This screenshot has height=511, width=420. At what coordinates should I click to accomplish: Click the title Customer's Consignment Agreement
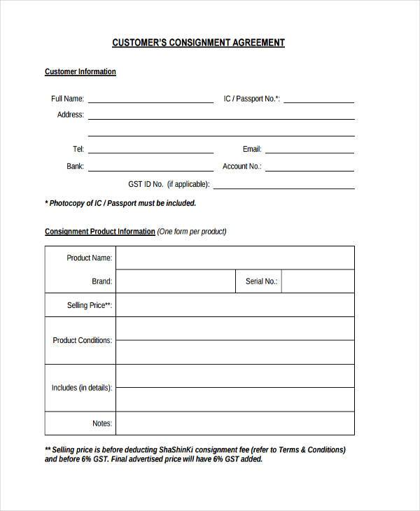coord(199,43)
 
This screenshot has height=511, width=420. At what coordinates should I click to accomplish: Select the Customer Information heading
coord(80,72)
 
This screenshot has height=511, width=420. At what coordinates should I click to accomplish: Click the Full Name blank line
coord(150,100)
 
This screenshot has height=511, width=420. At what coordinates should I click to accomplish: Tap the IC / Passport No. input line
coord(318,100)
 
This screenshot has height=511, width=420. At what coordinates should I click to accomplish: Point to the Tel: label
coord(78,149)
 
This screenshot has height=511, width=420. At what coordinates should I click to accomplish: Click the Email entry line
coord(309,150)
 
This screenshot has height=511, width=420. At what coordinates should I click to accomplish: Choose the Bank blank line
coord(150,167)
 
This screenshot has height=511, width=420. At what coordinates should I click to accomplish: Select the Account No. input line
coord(309,167)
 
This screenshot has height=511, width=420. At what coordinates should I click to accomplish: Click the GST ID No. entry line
coord(283,185)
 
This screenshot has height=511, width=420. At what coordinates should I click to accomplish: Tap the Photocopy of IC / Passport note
coord(120,204)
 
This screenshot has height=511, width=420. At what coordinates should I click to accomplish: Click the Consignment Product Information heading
coord(100,232)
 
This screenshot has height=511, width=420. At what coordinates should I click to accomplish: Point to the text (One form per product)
coord(192,232)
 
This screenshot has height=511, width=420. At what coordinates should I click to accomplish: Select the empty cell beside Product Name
coord(235,258)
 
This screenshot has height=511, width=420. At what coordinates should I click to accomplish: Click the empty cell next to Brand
coord(175,281)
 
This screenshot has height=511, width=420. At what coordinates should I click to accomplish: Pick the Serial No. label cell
coord(261,281)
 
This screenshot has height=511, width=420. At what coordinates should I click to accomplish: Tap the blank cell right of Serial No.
coord(318,281)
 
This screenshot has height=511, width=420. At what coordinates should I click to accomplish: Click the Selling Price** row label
coord(89,306)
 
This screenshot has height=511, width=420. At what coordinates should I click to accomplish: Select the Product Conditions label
coord(82,341)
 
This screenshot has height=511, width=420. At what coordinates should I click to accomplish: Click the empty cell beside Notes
coord(235,423)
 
